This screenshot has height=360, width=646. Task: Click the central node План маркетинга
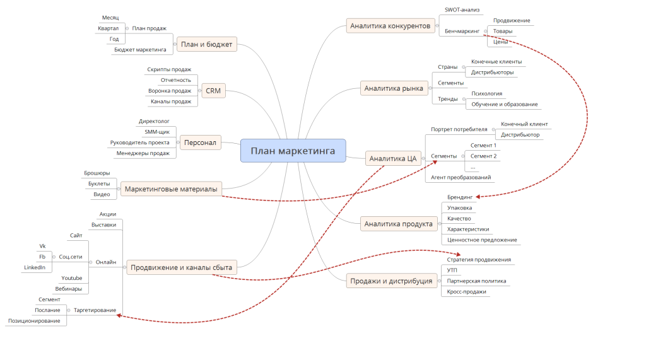click(x=293, y=151)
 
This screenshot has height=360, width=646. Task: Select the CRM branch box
click(x=213, y=91)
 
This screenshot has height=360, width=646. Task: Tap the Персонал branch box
click(x=200, y=142)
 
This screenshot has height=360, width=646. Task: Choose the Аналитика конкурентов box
click(x=390, y=26)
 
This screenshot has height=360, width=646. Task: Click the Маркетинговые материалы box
click(x=171, y=189)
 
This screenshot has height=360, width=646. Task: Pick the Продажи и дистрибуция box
click(x=391, y=281)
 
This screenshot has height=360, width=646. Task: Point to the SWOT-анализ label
click(x=462, y=10)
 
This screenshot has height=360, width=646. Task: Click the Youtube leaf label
click(x=72, y=278)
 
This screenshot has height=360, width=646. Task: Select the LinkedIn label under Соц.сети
click(x=35, y=267)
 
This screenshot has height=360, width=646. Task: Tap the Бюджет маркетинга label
click(x=140, y=50)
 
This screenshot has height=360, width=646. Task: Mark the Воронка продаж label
click(x=170, y=91)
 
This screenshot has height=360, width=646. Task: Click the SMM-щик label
click(x=157, y=132)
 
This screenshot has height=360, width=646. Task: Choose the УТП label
click(x=452, y=270)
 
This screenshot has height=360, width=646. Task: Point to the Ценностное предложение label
click(x=482, y=240)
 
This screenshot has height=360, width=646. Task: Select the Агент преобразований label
click(x=461, y=178)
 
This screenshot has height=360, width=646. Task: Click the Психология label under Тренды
click(x=486, y=93)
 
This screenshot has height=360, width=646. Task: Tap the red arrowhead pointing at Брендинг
click(x=478, y=197)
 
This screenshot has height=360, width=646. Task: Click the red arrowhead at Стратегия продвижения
click(x=458, y=254)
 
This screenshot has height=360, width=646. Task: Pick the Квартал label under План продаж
click(x=108, y=28)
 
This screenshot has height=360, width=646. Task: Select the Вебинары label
click(x=68, y=289)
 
